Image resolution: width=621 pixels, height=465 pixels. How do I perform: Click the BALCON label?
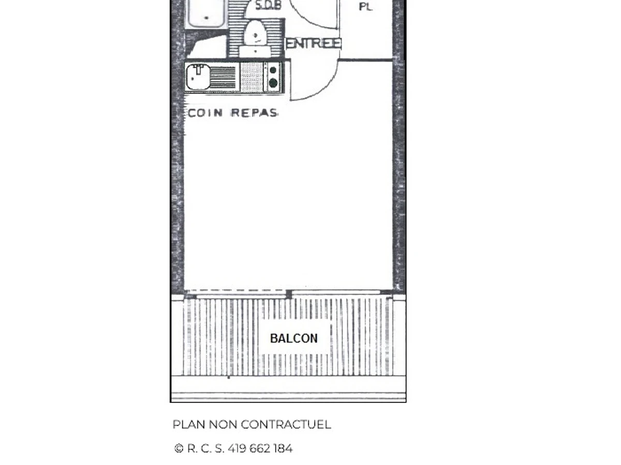(294, 338)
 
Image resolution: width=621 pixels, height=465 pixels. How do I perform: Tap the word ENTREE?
(313, 43)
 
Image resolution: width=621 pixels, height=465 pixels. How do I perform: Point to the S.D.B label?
(269, 6)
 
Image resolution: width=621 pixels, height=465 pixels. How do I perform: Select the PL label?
(365, 7)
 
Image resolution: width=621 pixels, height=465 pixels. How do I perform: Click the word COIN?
(205, 113)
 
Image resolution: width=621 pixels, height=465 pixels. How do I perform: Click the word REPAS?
(254, 113)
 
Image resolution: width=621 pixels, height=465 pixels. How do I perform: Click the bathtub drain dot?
(207, 19)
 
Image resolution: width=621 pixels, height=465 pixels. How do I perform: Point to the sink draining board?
(224, 78)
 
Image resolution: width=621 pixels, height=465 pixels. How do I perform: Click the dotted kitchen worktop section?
(252, 77)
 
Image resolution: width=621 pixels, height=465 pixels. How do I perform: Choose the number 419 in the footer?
(237, 448)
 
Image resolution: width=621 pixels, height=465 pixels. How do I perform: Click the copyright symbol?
(179, 448)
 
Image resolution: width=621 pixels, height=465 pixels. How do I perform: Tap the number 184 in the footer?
(283, 448)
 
